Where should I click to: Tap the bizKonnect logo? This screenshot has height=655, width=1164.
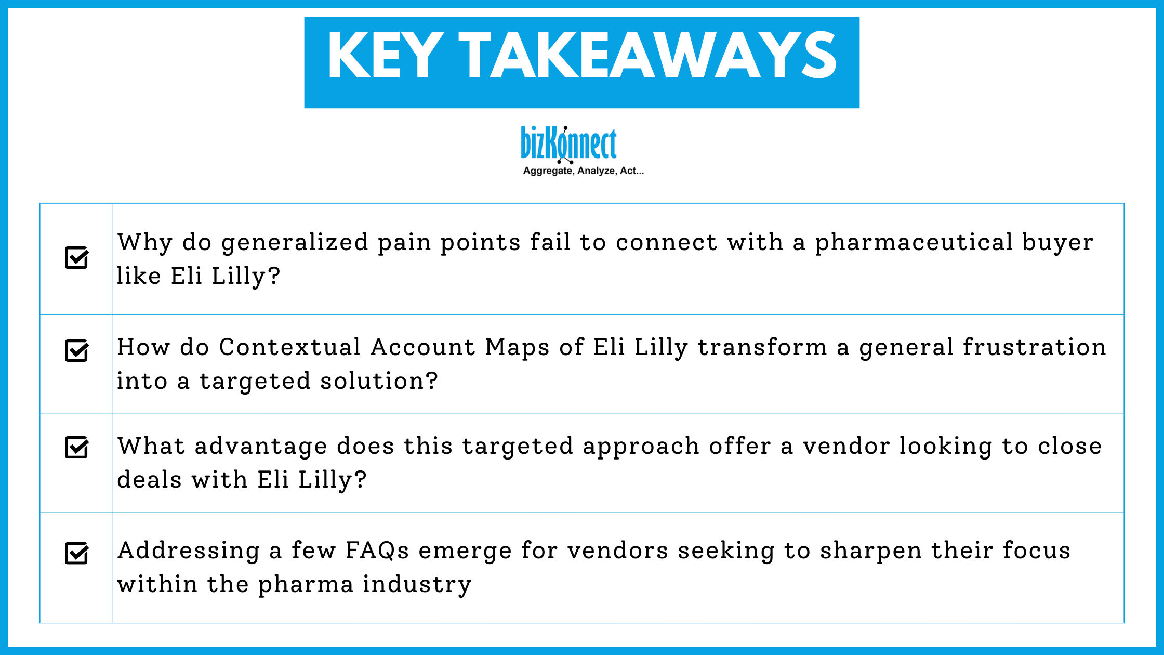(x=569, y=143)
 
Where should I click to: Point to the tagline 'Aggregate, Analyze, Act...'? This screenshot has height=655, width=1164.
(x=583, y=171)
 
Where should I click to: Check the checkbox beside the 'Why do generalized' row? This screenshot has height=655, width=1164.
(x=77, y=257)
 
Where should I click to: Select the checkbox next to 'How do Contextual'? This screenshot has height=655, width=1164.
(x=77, y=350)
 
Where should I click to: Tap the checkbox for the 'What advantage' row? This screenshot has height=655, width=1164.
(x=77, y=447)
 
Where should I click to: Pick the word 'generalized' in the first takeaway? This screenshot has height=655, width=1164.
(x=295, y=243)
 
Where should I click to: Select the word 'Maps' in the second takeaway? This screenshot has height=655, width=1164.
(x=517, y=347)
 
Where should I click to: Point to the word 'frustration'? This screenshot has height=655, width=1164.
(x=1034, y=347)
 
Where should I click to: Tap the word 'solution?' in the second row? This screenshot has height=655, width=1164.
(x=379, y=381)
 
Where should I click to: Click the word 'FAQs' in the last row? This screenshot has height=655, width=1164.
(x=377, y=551)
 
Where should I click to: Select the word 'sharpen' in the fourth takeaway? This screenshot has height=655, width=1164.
(x=870, y=551)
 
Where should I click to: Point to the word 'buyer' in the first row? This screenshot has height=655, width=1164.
(x=1057, y=243)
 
